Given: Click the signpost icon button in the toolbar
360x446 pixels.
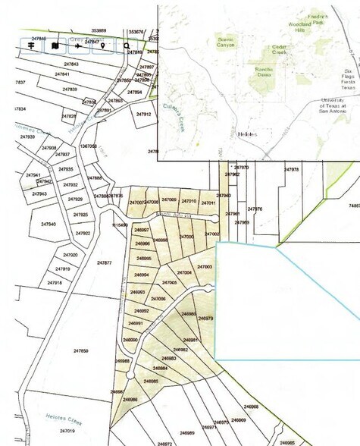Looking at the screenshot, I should tap(33, 46).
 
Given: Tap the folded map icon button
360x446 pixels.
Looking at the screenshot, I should tap(55, 46).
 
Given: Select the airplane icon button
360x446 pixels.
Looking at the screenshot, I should tap(78, 46).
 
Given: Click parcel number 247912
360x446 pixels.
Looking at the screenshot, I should tap(144, 114).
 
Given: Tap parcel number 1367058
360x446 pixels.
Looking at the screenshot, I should tap(88, 146).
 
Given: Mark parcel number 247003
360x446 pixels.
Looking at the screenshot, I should tap(204, 267).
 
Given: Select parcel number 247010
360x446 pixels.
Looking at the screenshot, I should tap(189, 201).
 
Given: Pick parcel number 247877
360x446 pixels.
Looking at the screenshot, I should tap(104, 262).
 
